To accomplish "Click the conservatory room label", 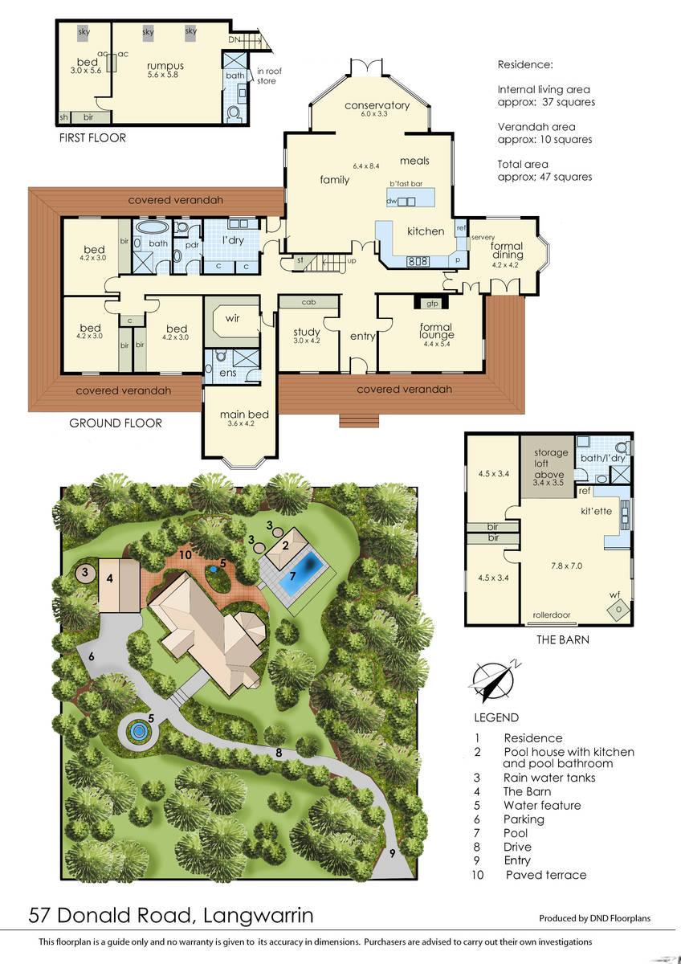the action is click(377, 105).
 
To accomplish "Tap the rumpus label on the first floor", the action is click(165, 66).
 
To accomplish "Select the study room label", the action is click(307, 333).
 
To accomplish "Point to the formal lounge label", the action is click(436, 331).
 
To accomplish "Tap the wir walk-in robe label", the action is click(232, 318).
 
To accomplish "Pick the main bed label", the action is click(244, 415).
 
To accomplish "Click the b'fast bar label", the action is click(406, 184).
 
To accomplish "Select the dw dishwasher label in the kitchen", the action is click(391, 201).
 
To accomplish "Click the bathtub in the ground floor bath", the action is click(150, 227).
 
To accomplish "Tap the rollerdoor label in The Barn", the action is click(552, 615).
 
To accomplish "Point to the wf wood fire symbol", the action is click(618, 610).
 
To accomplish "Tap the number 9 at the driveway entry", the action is click(393, 853).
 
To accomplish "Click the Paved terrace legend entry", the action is click(546, 875).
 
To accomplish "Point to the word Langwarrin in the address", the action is click(258, 915).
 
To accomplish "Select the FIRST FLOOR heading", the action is click(92, 138).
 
